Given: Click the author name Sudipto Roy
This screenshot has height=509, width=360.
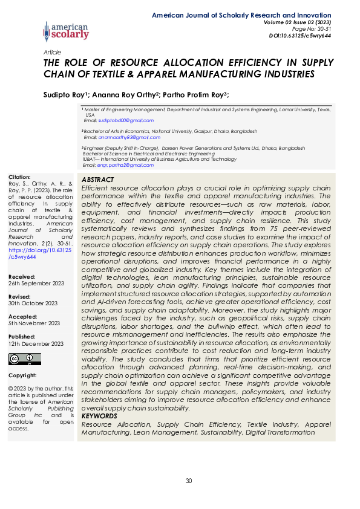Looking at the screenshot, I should point(65,94).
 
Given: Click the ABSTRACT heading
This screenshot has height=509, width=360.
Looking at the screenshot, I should point(97,180).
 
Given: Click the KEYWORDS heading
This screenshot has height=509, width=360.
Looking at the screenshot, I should point(99,416).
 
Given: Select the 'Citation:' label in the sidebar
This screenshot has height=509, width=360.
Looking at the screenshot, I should point(19,177).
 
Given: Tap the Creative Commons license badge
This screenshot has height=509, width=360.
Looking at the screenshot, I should point(17,359).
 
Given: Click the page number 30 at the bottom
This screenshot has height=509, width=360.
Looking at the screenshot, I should point(188,481).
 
